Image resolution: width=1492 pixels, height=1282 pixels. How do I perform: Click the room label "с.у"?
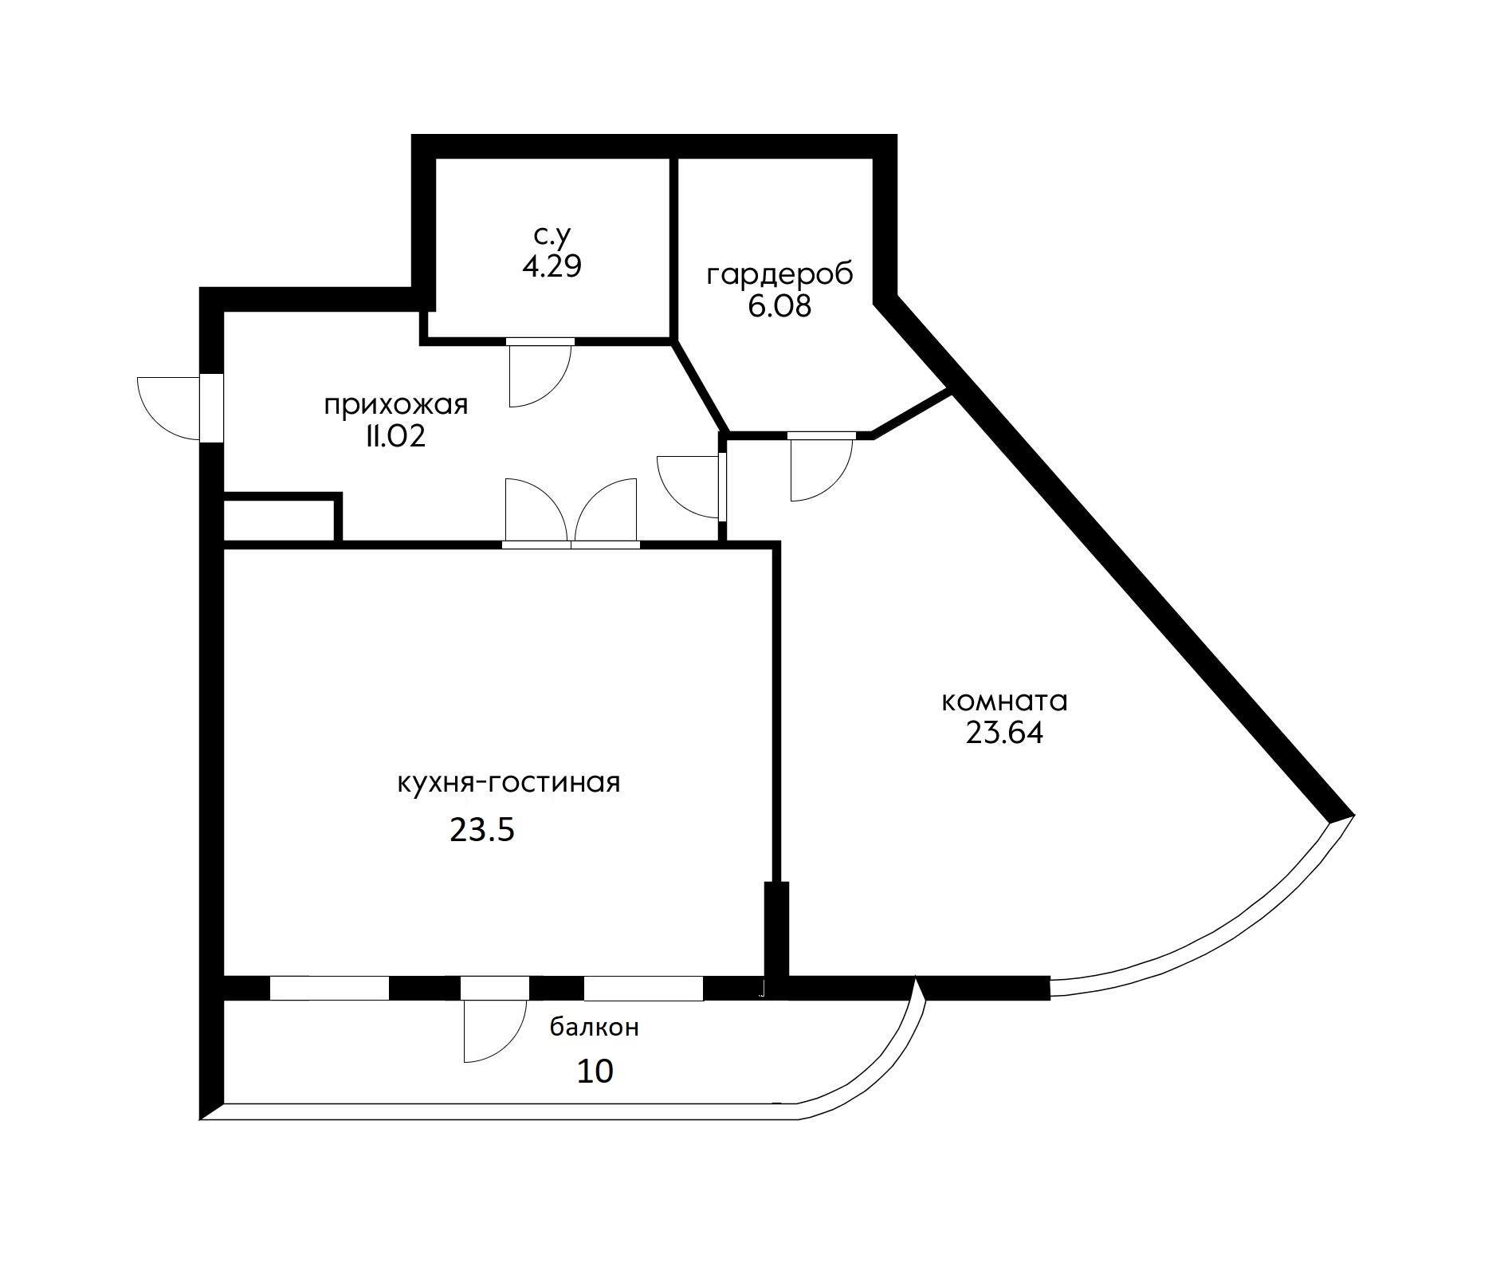(x=552, y=236)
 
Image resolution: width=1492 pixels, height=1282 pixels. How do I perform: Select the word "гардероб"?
(x=779, y=274)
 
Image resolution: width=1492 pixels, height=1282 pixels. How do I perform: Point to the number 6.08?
(x=779, y=306)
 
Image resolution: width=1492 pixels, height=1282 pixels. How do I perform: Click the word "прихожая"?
(x=396, y=405)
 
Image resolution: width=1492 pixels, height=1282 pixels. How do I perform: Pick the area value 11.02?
(x=395, y=437)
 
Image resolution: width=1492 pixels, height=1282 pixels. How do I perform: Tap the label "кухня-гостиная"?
(x=508, y=783)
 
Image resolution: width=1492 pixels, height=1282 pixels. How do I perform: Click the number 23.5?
(x=483, y=831)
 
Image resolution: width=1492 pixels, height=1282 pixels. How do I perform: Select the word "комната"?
(x=1004, y=702)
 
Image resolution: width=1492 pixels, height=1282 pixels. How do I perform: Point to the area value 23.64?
(x=1004, y=733)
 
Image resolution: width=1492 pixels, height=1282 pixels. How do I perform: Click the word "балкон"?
(x=595, y=1028)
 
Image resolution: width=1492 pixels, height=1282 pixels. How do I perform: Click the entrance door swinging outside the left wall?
(x=169, y=407)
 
